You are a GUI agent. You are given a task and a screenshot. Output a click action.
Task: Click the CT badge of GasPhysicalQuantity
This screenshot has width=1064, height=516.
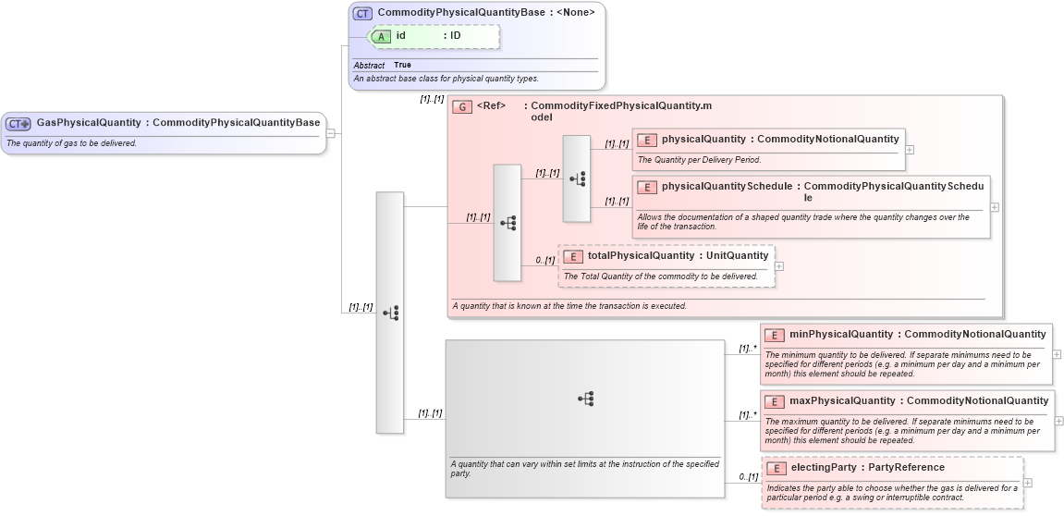pyautogui.click(x=18, y=123)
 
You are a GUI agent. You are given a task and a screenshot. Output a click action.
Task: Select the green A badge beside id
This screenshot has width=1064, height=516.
pyautogui.click(x=380, y=36)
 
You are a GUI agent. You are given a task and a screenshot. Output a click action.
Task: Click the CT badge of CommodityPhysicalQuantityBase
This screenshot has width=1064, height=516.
pyautogui.click(x=363, y=13)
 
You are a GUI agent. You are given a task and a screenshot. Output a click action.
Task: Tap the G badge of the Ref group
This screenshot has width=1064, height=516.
pyautogui.click(x=462, y=106)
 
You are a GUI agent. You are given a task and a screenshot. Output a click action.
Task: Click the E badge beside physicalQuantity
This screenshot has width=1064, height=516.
pyautogui.click(x=647, y=140)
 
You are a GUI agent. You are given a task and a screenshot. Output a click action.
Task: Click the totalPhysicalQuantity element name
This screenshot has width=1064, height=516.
pyautogui.click(x=641, y=256)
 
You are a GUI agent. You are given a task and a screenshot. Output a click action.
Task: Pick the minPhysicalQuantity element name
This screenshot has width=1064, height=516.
pyautogui.click(x=840, y=335)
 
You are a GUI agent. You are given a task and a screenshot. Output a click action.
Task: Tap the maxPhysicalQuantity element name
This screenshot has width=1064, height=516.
pyautogui.click(x=841, y=401)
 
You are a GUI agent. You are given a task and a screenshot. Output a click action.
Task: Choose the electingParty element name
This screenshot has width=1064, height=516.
pyautogui.click(x=823, y=468)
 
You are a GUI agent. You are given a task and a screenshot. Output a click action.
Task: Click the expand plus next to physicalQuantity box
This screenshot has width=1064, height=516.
pyautogui.click(x=910, y=149)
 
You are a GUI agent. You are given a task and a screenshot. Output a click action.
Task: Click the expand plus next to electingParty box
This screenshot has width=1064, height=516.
pyautogui.click(x=1028, y=483)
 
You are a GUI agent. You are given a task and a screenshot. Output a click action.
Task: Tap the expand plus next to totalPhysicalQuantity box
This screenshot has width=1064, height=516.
pyautogui.click(x=779, y=266)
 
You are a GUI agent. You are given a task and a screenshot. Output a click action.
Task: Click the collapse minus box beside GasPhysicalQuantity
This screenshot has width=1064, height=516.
pyautogui.click(x=330, y=133)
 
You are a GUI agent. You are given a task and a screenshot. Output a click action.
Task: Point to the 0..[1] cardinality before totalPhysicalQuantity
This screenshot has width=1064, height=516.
pyautogui.click(x=545, y=261)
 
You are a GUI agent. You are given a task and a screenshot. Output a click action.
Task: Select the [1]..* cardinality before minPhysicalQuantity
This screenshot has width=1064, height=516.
pyautogui.click(x=747, y=349)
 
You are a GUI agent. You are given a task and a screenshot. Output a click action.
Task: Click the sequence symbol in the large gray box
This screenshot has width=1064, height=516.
pyautogui.click(x=585, y=399)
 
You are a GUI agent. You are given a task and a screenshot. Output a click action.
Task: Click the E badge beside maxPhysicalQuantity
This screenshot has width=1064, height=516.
pyautogui.click(x=776, y=401)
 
